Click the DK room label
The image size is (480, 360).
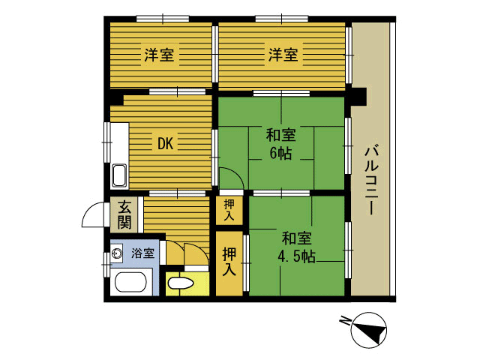[x=166, y=143]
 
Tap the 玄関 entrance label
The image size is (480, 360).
[x=124, y=215]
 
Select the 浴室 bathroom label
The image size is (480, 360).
[x=142, y=253]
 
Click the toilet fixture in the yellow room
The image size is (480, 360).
[x=181, y=283]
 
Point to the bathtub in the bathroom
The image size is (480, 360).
[x=130, y=282]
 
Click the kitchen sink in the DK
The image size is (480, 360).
[x=119, y=175]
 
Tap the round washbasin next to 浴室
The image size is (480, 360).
[x=117, y=253]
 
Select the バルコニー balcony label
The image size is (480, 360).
[x=371, y=181]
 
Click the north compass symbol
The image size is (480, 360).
[x=369, y=330]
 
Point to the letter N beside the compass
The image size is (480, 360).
[x=345, y=321]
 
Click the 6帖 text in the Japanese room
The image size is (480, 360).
[x=280, y=153]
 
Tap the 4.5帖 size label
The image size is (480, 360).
[x=296, y=256]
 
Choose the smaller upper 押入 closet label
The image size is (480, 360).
[x=229, y=210]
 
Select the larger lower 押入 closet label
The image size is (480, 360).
[x=229, y=262]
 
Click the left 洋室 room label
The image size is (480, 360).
[x=159, y=55]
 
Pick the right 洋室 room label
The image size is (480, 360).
[x=283, y=55]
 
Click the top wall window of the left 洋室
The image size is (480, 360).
[x=163, y=19]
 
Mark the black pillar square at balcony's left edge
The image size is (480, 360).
[x=358, y=97]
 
